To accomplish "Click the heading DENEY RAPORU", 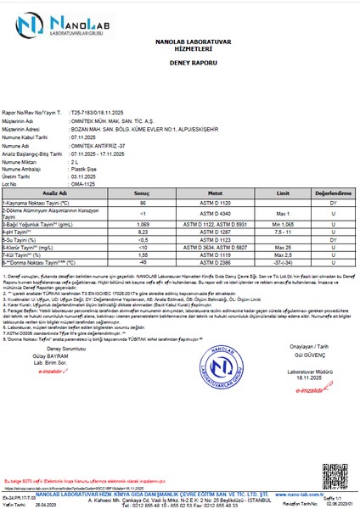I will tap(181, 63).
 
